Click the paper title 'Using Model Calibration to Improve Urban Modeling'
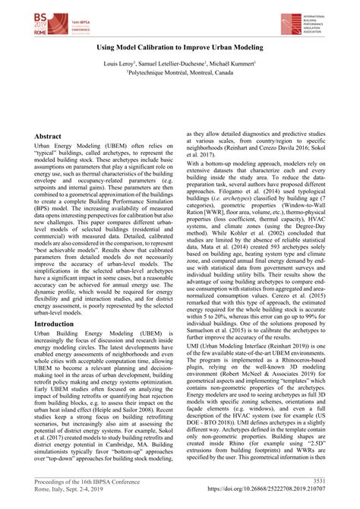coord(179,48)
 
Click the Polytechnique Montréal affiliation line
coord(179,75)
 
